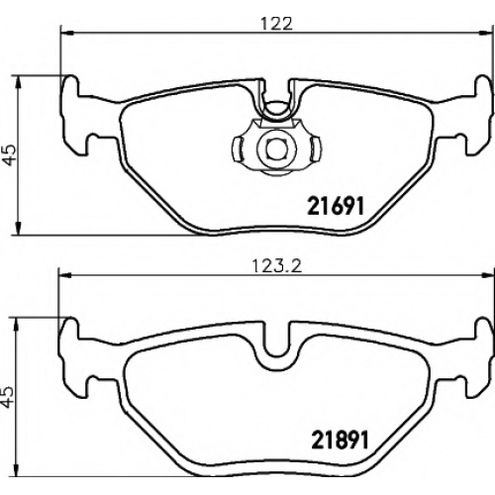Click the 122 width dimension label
276,24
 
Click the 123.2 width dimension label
277,266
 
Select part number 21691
336,206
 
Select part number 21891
340,440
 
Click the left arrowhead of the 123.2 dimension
64,274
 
